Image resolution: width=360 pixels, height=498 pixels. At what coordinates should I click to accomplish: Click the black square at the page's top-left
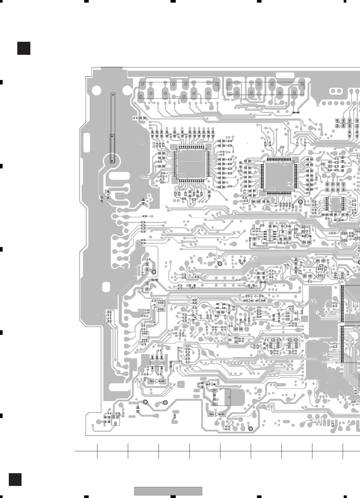(x=24, y=48)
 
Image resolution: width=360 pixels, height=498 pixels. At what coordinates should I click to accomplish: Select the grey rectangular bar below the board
(x=168, y=491)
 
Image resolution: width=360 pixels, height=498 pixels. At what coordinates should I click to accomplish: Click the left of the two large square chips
(x=191, y=164)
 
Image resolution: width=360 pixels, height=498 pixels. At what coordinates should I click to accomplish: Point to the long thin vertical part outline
(x=112, y=128)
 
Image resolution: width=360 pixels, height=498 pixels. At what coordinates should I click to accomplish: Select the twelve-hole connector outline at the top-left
(x=179, y=90)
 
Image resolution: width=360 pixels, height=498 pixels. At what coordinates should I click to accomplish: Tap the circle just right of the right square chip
(x=301, y=202)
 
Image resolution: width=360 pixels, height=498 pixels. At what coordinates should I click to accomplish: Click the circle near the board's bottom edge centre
(x=251, y=429)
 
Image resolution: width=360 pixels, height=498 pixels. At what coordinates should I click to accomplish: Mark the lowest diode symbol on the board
(x=217, y=414)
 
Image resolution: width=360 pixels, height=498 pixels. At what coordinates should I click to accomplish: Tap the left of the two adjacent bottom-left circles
(x=146, y=402)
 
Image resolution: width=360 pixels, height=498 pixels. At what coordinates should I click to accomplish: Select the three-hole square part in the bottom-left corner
(x=115, y=420)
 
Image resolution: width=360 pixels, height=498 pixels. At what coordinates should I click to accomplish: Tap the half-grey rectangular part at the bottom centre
(x=222, y=397)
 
